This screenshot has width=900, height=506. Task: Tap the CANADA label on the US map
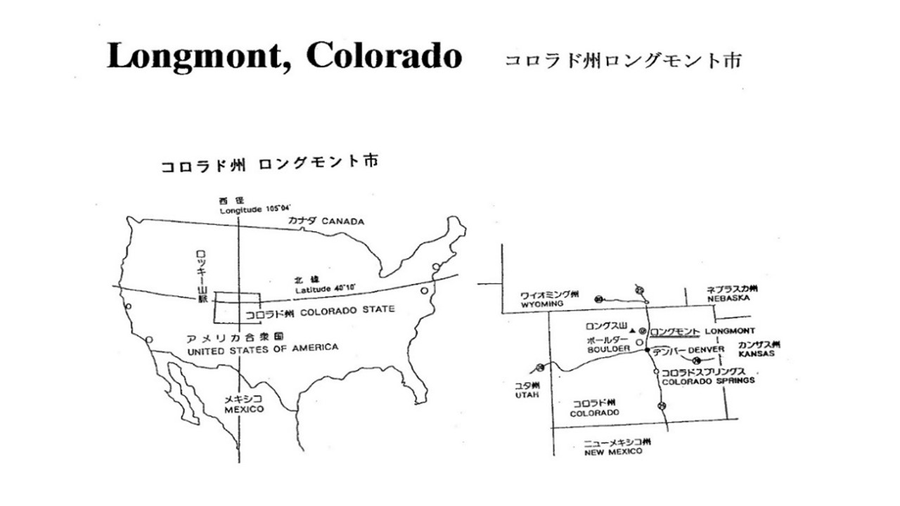(343, 221)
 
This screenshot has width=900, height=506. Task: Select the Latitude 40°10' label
(326, 287)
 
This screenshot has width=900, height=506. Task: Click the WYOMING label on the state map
(543, 304)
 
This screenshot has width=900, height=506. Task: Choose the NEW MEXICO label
(613, 452)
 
